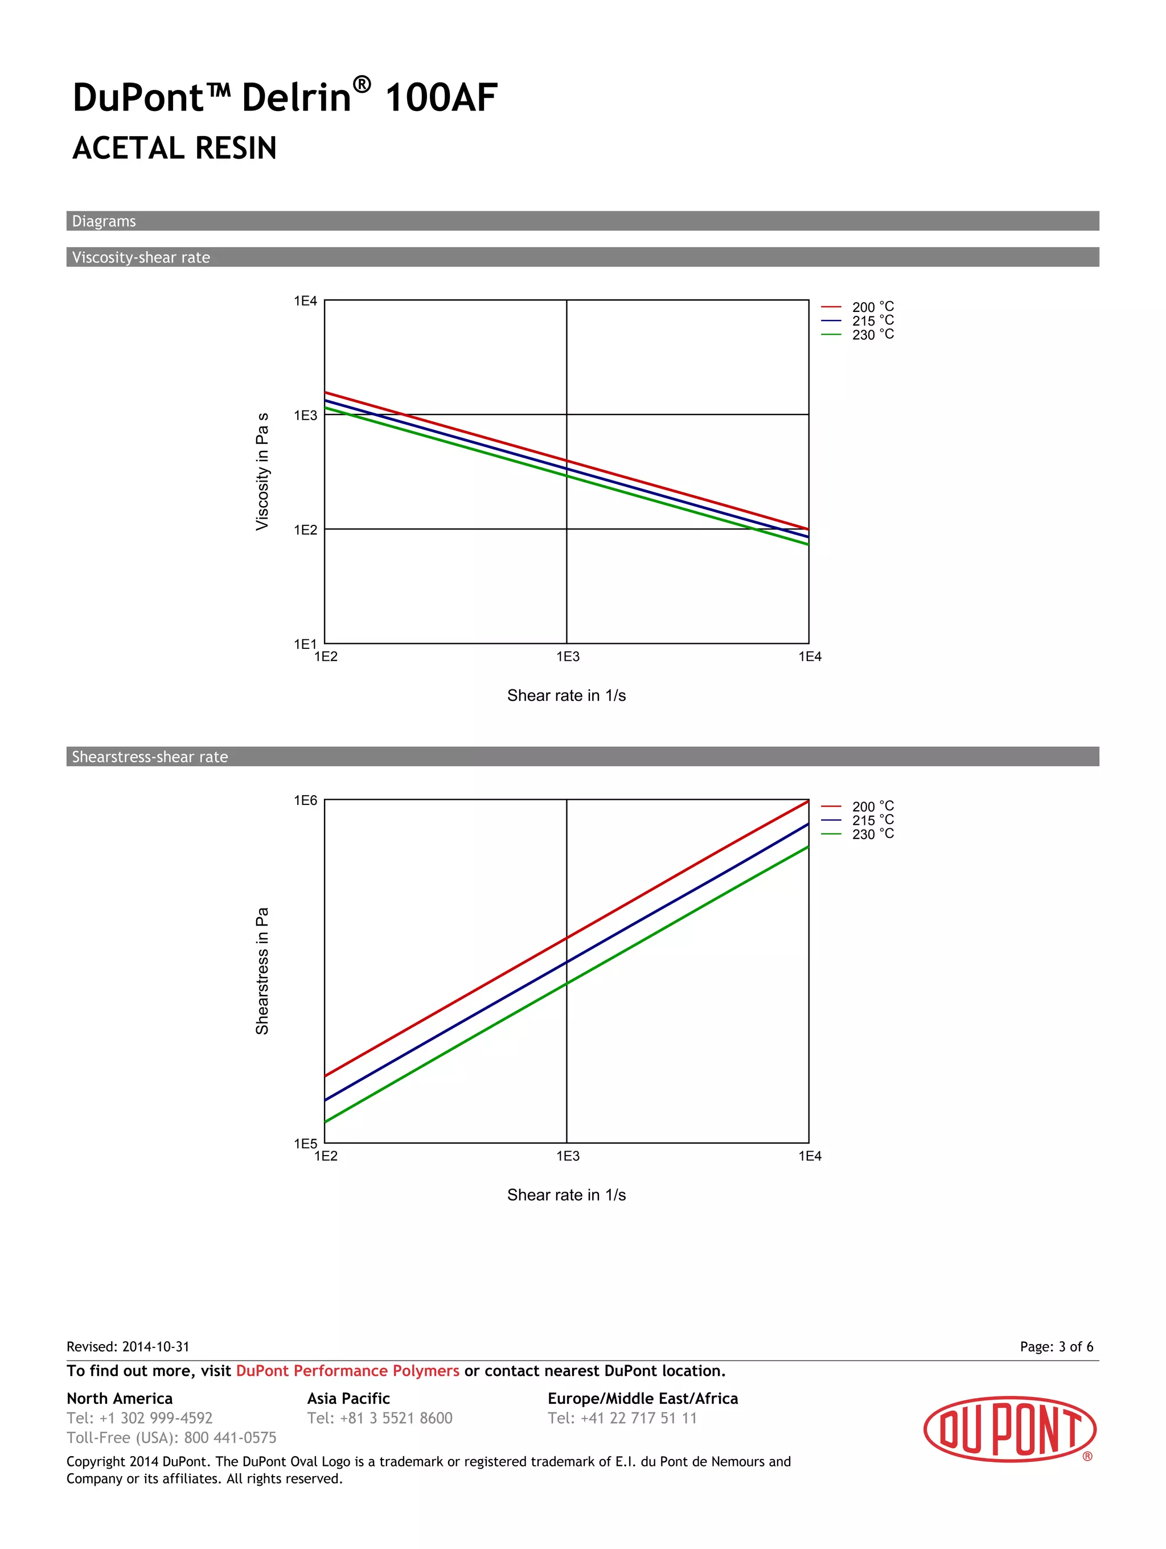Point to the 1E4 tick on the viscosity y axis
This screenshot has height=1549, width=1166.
tap(305, 301)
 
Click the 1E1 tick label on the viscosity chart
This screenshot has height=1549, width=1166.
tap(305, 643)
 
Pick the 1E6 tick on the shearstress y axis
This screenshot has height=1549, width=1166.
tap(305, 800)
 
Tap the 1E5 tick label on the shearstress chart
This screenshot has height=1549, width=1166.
tap(305, 1144)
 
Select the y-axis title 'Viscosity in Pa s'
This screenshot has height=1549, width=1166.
tap(262, 471)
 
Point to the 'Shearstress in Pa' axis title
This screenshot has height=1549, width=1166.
tap(262, 971)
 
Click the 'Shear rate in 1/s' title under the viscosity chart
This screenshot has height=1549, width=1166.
tap(566, 695)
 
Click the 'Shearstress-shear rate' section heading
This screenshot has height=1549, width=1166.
tap(150, 757)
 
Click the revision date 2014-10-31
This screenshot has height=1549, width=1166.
tap(155, 1346)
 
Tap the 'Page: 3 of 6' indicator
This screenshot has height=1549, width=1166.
tap(1056, 1346)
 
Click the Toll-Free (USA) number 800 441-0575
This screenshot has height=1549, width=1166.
tap(231, 1437)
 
